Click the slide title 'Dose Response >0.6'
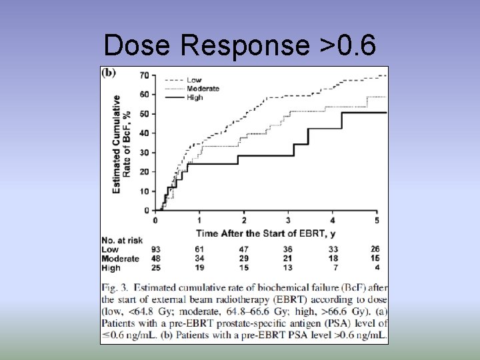240,45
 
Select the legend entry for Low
194,80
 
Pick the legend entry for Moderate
203,89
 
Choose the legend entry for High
195,97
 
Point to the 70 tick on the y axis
144,75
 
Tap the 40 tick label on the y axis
144,133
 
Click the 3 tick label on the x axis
288,220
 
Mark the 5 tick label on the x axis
377,220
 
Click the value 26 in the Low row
377,249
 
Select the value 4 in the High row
377,268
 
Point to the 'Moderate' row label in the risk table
121,259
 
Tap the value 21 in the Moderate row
288,259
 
